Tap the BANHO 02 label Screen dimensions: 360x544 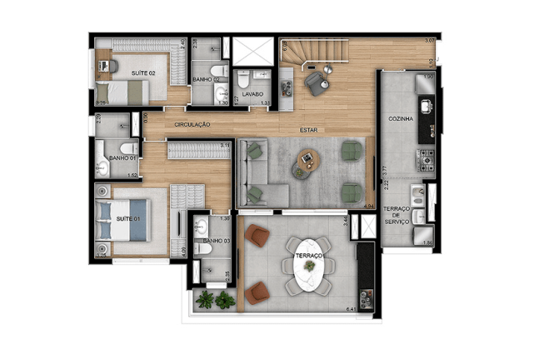[x=205, y=79]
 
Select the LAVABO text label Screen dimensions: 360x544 [x=252, y=94]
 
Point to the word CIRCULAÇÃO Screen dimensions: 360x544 [x=192, y=124]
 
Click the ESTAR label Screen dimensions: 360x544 [x=311, y=130]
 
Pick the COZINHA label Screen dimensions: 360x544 [x=402, y=119]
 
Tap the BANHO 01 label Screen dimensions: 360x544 [x=122, y=157]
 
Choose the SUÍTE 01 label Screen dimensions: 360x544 [x=128, y=218]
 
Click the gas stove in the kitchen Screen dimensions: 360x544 [x=425, y=155]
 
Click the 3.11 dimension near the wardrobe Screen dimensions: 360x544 [x=224, y=145]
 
